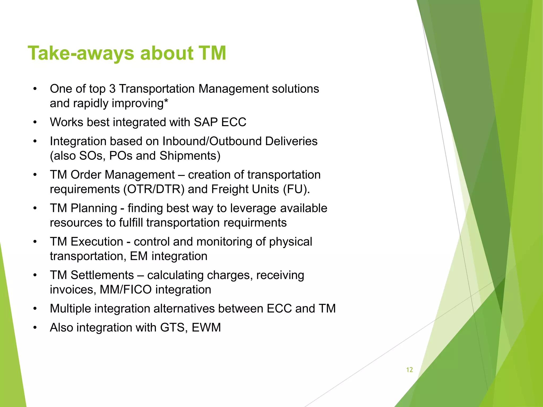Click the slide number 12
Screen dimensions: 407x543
coord(409,370)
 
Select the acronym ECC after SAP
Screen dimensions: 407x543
coord(234,122)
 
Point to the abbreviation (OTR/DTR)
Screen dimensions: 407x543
coord(154,189)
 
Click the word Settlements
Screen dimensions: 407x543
coord(102,275)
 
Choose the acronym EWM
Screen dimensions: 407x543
coord(206,328)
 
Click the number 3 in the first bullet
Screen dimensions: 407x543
coord(112,89)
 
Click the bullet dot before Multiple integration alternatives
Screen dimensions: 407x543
coord(35,309)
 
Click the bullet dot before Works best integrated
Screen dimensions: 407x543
coord(35,122)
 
